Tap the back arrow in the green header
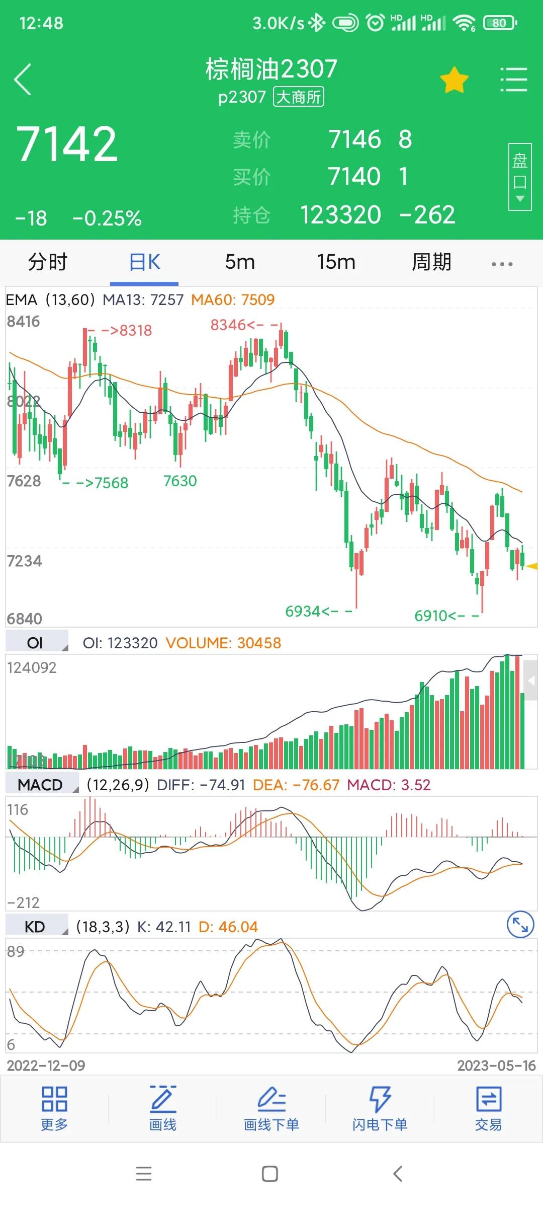click(x=23, y=80)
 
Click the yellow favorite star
click(x=454, y=80)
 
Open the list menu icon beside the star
click(x=513, y=80)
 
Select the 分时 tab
click(x=47, y=262)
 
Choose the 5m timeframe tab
click(x=240, y=262)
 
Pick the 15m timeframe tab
click(x=336, y=262)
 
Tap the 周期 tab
click(x=431, y=262)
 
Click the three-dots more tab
click(x=502, y=264)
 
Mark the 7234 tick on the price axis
click(x=24, y=561)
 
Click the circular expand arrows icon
click(x=520, y=925)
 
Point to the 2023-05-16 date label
click(x=496, y=1066)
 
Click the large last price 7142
click(x=67, y=144)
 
